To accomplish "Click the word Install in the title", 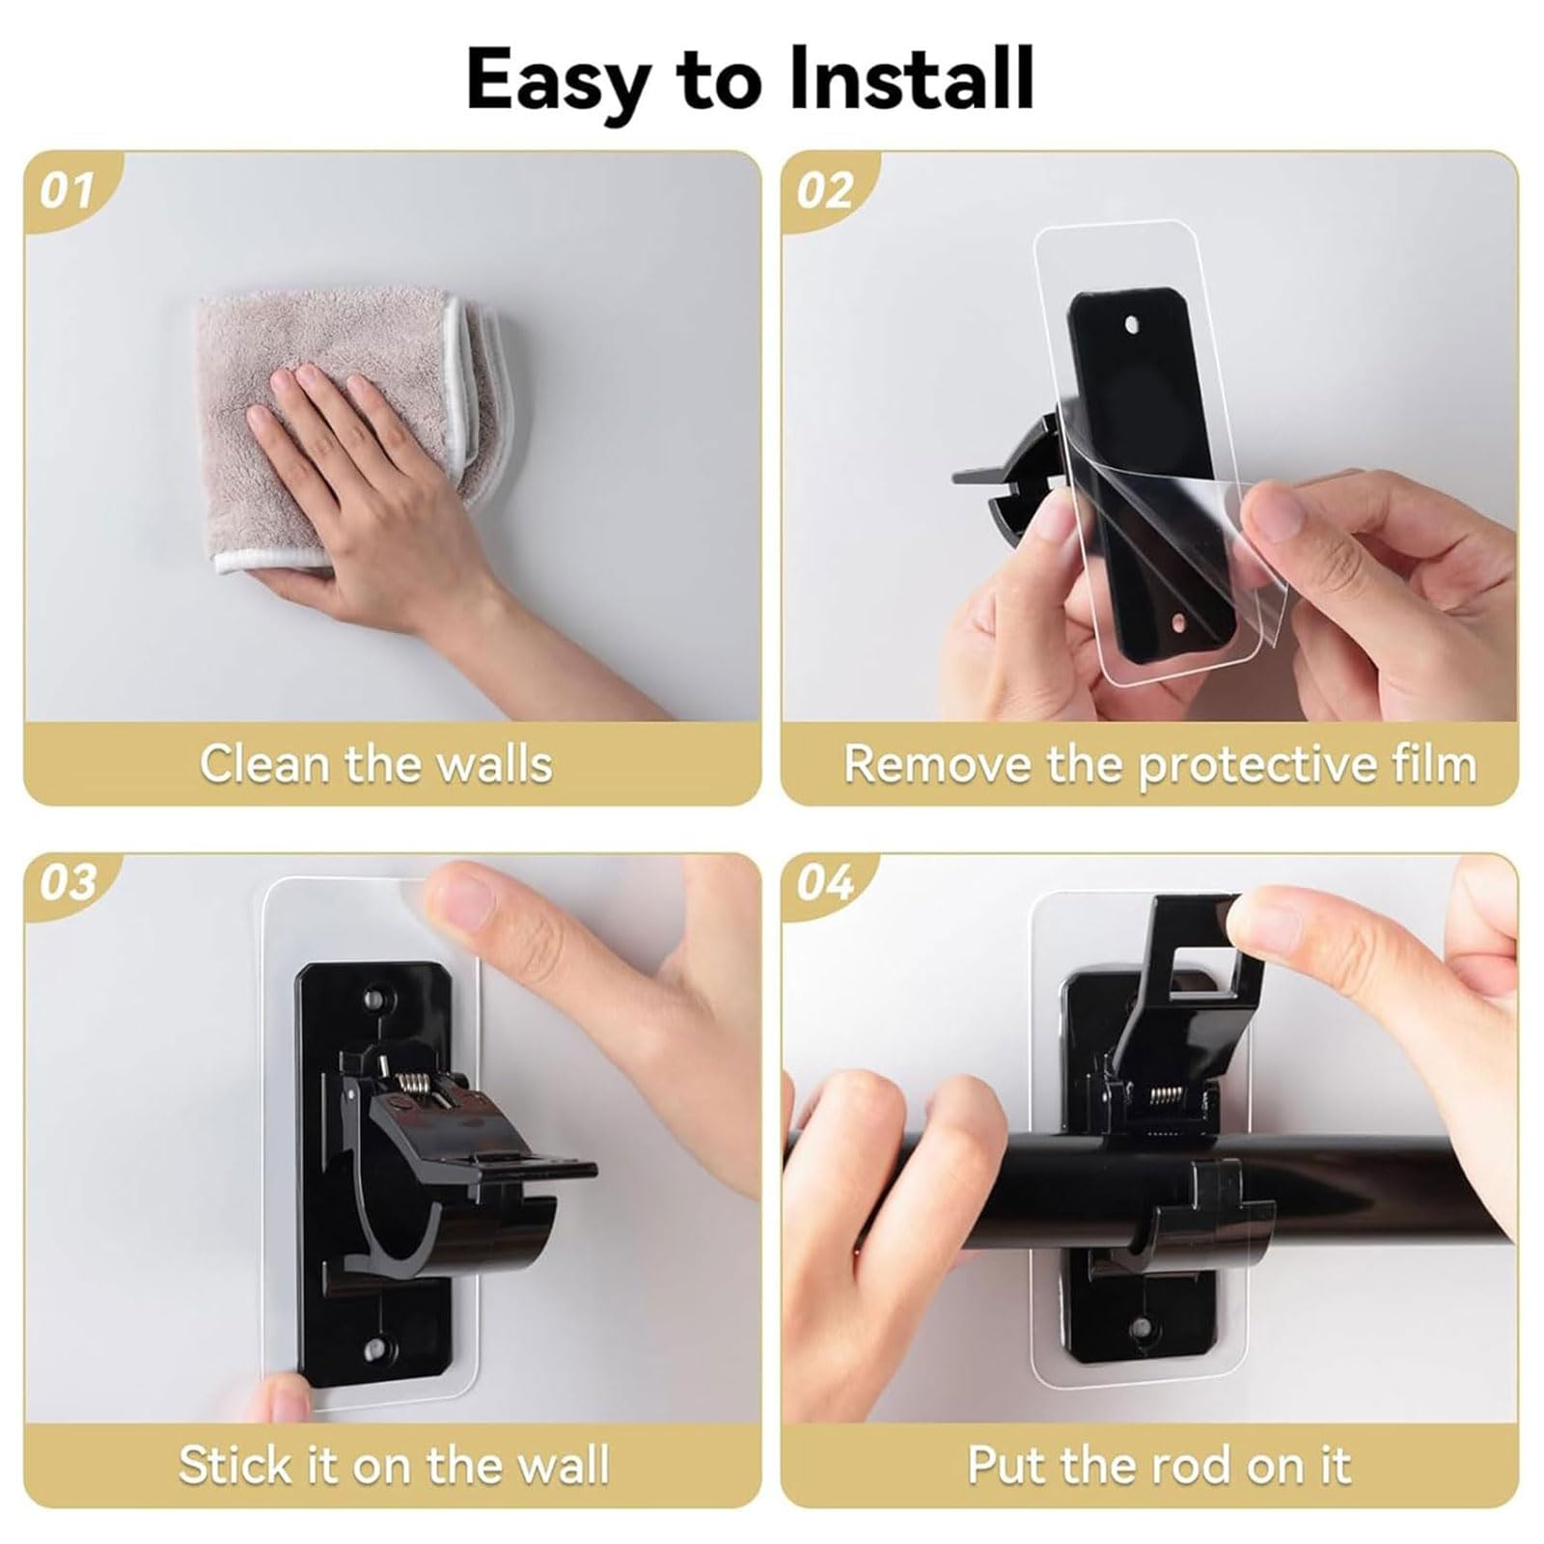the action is point(912,79).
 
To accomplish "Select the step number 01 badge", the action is point(68,191).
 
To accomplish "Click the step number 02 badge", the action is point(824,191).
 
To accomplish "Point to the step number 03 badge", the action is point(68,882).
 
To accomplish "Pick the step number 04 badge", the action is point(824,882).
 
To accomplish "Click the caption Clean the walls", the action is point(376,763).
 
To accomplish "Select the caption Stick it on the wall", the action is point(394,1465).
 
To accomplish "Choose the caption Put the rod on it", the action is point(1159,1465).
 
